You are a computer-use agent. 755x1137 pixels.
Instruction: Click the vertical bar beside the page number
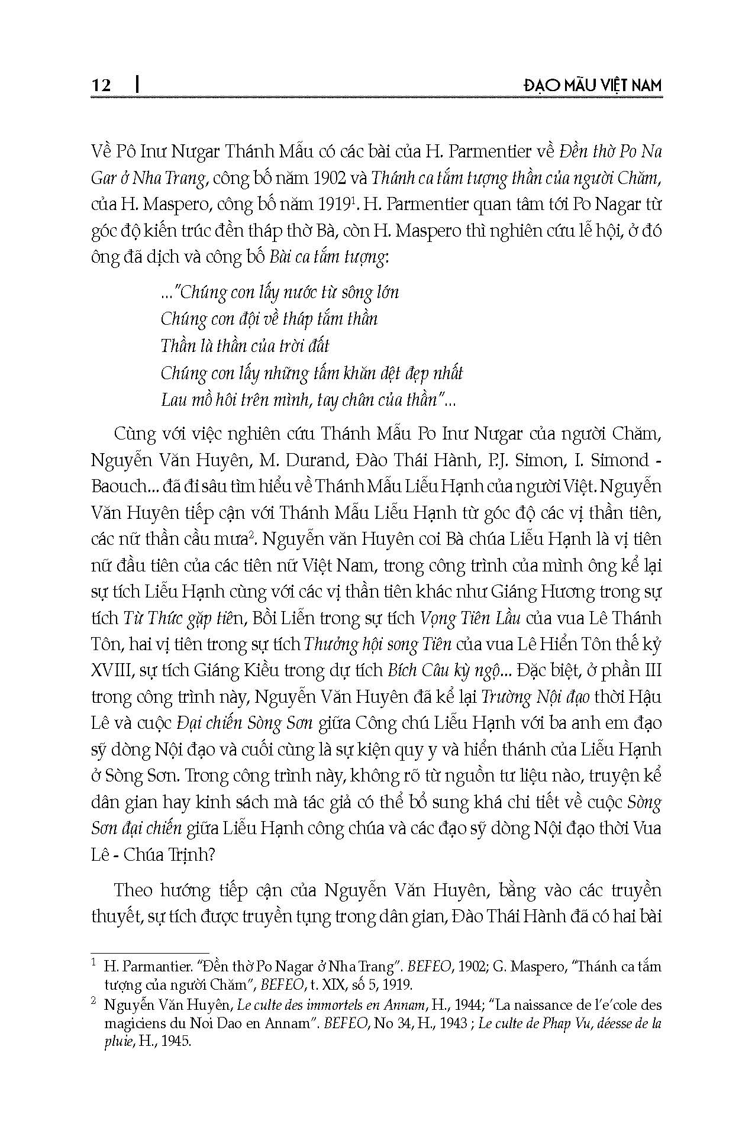(x=137, y=85)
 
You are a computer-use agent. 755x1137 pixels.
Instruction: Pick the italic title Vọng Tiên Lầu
(x=470, y=619)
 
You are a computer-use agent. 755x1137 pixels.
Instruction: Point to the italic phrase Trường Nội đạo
(x=535, y=697)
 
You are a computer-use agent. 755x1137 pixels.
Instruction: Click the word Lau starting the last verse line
(x=173, y=400)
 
